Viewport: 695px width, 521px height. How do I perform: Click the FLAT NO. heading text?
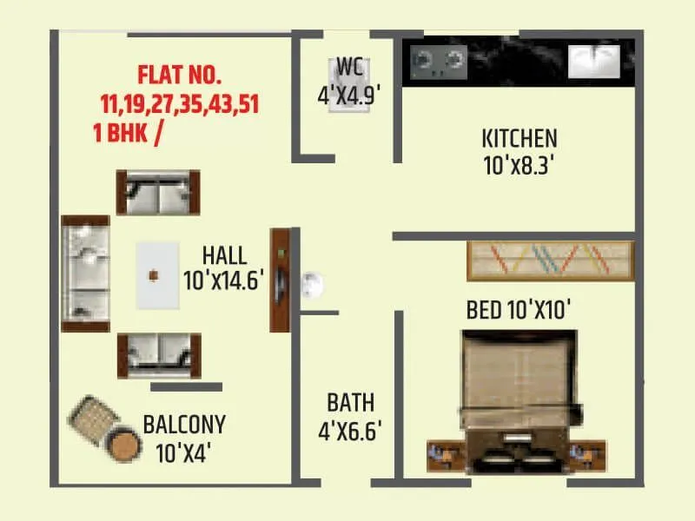pyautogui.click(x=182, y=75)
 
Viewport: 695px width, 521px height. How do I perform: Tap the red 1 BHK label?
pyautogui.click(x=123, y=135)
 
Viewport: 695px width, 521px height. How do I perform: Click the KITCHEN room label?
pyautogui.click(x=520, y=138)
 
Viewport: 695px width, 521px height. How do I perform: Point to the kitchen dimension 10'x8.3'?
pyautogui.click(x=520, y=165)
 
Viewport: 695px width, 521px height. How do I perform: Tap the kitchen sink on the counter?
pyautogui.click(x=593, y=59)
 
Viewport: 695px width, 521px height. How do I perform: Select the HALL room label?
pyautogui.click(x=224, y=256)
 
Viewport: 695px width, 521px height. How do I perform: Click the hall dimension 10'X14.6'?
pyautogui.click(x=223, y=280)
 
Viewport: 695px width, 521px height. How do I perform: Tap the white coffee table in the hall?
pyautogui.click(x=156, y=274)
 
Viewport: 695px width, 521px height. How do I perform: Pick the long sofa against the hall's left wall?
pyautogui.click(x=85, y=273)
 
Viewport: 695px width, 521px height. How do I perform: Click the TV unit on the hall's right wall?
pyautogui.click(x=280, y=280)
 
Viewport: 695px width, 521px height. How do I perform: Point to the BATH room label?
pyautogui.click(x=351, y=403)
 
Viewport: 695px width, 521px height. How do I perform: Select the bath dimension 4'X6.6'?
pyautogui.click(x=351, y=431)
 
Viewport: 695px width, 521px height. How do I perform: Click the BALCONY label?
pyautogui.click(x=184, y=425)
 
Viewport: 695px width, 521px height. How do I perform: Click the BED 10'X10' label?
pyautogui.click(x=519, y=310)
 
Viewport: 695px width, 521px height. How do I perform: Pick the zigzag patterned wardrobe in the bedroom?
pyautogui.click(x=551, y=260)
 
